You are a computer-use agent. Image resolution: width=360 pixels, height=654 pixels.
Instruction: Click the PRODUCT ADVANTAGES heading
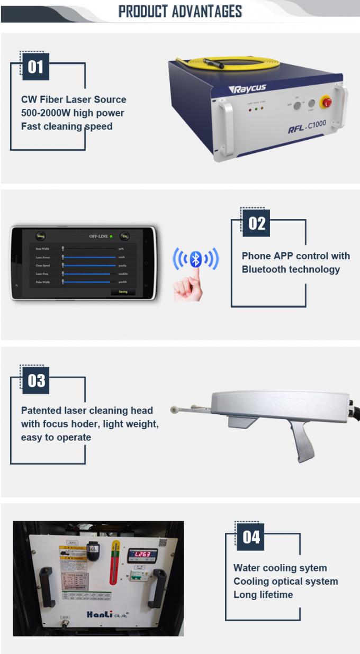coord(180,11)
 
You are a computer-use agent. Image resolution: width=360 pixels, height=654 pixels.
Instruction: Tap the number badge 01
coord(35,67)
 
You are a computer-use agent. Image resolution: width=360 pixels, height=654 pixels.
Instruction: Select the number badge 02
coord(256,223)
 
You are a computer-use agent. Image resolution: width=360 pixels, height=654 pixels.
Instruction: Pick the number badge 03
coord(36,380)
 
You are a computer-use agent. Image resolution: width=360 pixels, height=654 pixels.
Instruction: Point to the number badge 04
coord(251,537)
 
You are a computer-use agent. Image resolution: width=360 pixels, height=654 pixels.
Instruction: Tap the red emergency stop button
coord(326,103)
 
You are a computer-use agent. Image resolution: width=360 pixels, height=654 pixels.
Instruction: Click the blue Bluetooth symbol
coord(195,259)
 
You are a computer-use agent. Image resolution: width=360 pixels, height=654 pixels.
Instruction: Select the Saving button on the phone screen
coord(123,292)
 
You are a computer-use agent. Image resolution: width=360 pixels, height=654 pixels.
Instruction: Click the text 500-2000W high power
coord(73,113)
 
